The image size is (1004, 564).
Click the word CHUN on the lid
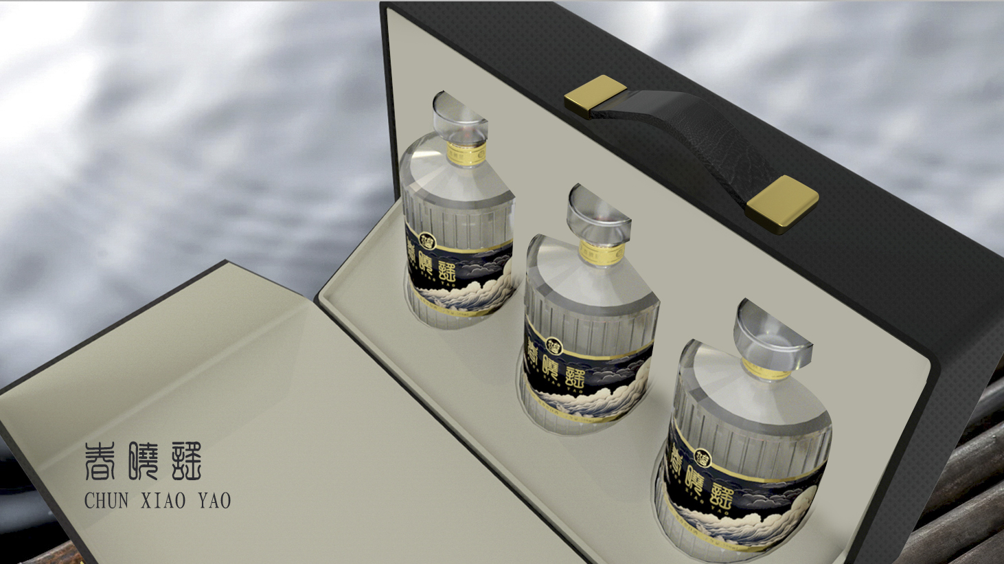point(106,500)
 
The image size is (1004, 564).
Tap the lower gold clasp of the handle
point(782,203)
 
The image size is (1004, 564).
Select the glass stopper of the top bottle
point(459,117)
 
